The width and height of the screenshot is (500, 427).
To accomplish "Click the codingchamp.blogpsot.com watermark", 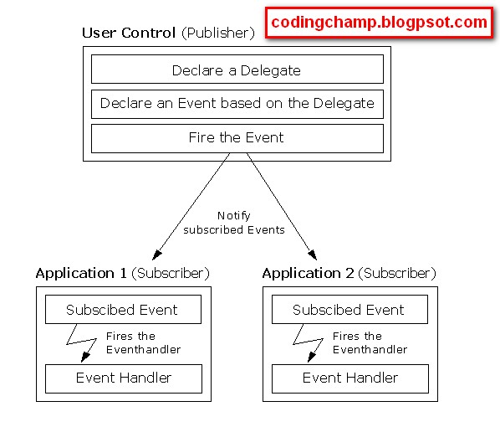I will click(x=379, y=23).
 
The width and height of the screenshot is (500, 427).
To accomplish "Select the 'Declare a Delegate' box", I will click(x=237, y=70).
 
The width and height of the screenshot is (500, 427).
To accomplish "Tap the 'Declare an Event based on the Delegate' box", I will click(x=237, y=104).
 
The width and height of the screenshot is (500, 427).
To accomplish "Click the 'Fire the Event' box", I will click(x=237, y=137).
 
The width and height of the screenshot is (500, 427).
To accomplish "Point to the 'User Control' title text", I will click(x=129, y=33).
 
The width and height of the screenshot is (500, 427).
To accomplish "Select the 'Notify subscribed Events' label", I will click(x=234, y=223).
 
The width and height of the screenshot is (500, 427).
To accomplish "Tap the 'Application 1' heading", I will click(x=81, y=274).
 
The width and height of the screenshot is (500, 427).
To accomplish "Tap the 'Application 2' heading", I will click(x=308, y=274).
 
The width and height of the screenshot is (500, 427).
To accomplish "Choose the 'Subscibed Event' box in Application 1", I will click(x=122, y=310).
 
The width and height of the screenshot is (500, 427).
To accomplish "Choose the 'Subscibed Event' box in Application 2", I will click(x=349, y=310).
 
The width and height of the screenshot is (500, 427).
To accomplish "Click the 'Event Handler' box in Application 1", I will click(x=122, y=378).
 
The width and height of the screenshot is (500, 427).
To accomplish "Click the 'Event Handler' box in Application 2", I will click(x=349, y=378).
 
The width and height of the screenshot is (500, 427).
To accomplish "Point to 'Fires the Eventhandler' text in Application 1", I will click(x=144, y=342).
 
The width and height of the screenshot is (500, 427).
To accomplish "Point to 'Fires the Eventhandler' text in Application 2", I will click(x=370, y=342).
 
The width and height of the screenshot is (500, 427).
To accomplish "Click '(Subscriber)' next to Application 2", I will click(x=397, y=274).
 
